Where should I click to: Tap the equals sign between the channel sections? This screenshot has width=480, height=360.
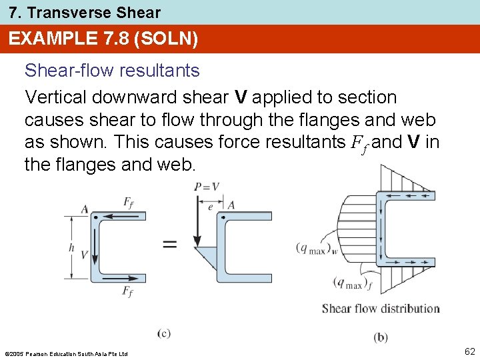[x=170, y=244]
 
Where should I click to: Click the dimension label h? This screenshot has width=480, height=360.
[x=71, y=247]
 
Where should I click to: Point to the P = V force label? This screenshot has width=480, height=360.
[x=207, y=187]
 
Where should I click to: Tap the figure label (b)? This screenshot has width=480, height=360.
[x=381, y=337]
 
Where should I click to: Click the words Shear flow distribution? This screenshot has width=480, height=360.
[x=380, y=309]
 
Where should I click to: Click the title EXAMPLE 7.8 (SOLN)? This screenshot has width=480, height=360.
[x=103, y=39]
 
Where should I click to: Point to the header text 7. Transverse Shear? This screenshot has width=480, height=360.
[x=85, y=12]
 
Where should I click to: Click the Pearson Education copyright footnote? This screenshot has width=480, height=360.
[x=65, y=353]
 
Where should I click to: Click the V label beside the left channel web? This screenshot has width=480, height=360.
[x=85, y=254]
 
